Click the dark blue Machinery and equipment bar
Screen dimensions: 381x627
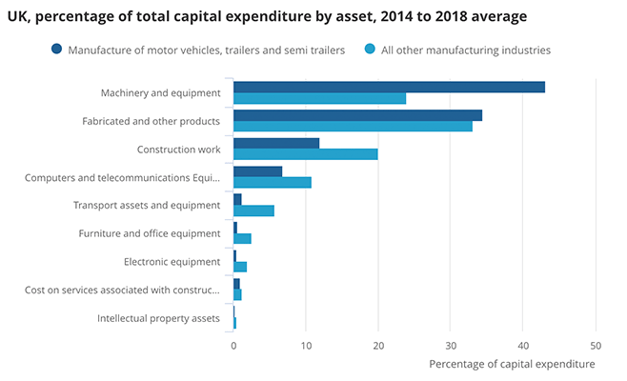click(x=389, y=87)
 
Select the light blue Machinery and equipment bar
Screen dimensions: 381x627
click(x=319, y=98)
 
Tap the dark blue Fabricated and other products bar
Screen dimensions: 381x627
click(x=357, y=115)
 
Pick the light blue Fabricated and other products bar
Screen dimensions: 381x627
click(x=353, y=127)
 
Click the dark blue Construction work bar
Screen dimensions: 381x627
click(x=276, y=144)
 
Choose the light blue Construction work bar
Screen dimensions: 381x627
click(x=305, y=154)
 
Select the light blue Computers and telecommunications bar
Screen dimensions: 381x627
click(x=273, y=182)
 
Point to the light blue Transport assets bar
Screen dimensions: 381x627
click(x=253, y=211)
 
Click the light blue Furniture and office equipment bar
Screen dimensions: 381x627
click(x=242, y=238)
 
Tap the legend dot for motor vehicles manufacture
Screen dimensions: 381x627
click(x=57, y=50)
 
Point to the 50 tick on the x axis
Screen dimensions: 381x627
click(x=596, y=347)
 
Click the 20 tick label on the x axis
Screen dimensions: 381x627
click(x=378, y=347)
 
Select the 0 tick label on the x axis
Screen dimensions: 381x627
click(x=233, y=347)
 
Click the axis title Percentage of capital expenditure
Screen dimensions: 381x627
click(x=512, y=364)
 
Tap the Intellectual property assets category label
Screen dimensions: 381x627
click(x=159, y=317)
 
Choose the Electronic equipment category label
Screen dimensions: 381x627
click(x=172, y=261)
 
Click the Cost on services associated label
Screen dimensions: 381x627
click(x=123, y=290)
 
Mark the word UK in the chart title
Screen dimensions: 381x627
click(x=17, y=17)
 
